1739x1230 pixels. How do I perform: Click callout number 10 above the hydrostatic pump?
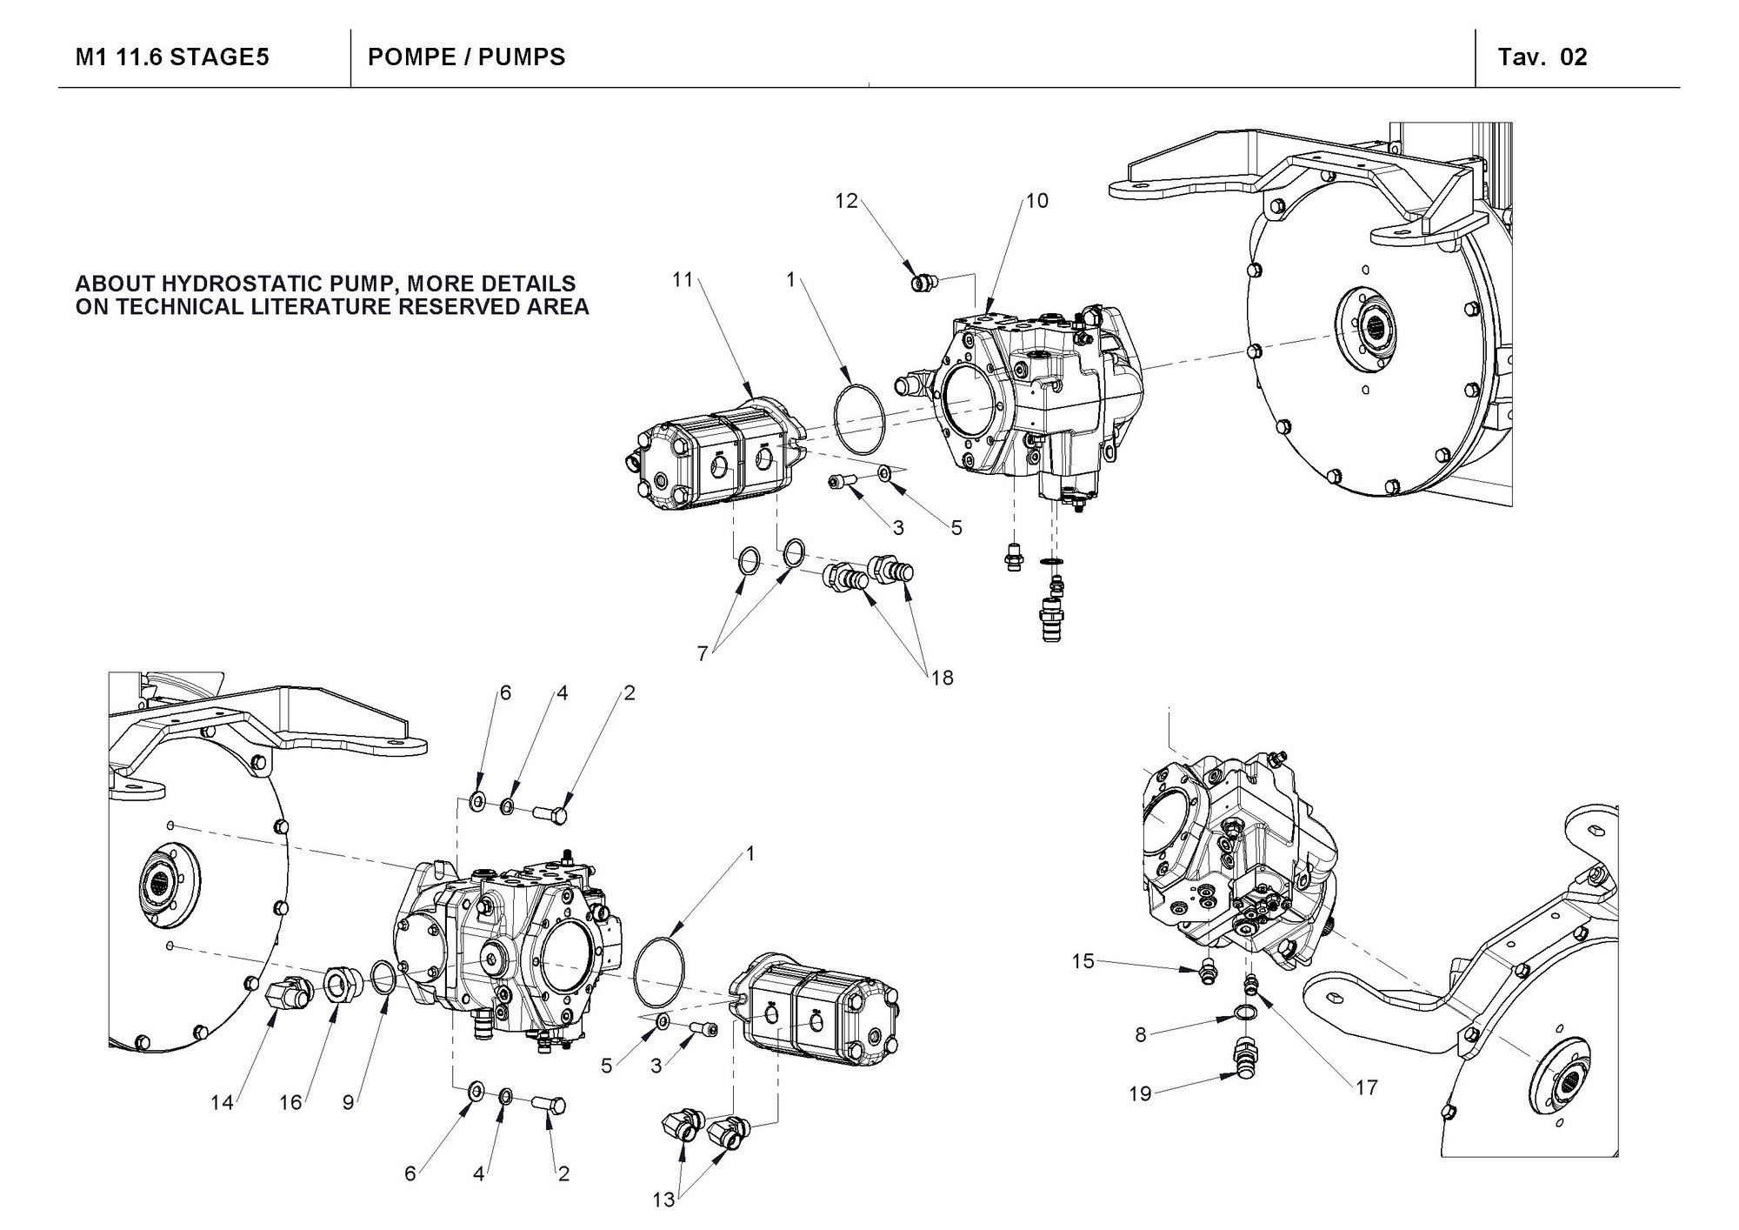coord(1037,201)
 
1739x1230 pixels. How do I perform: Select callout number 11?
coord(683,279)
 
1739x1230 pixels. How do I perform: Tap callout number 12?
coord(846,201)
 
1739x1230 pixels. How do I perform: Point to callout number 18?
coord(942,678)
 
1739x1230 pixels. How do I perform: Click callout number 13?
coord(663,1200)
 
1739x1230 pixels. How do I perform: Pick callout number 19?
coord(1140,1093)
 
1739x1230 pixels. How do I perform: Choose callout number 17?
coord(1366,1087)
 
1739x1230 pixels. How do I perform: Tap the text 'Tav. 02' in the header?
coord(1542,57)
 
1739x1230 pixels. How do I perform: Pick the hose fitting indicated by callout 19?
coord(1244,1060)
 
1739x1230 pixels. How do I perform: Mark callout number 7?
coord(702,652)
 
